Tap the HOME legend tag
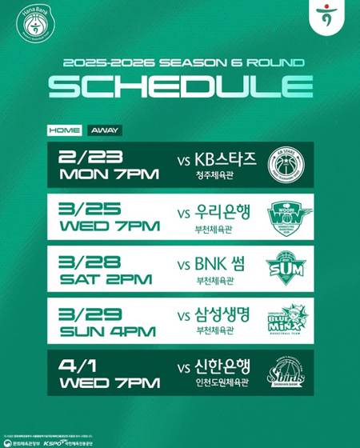[63, 129]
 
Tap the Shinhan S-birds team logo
[285, 374]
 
